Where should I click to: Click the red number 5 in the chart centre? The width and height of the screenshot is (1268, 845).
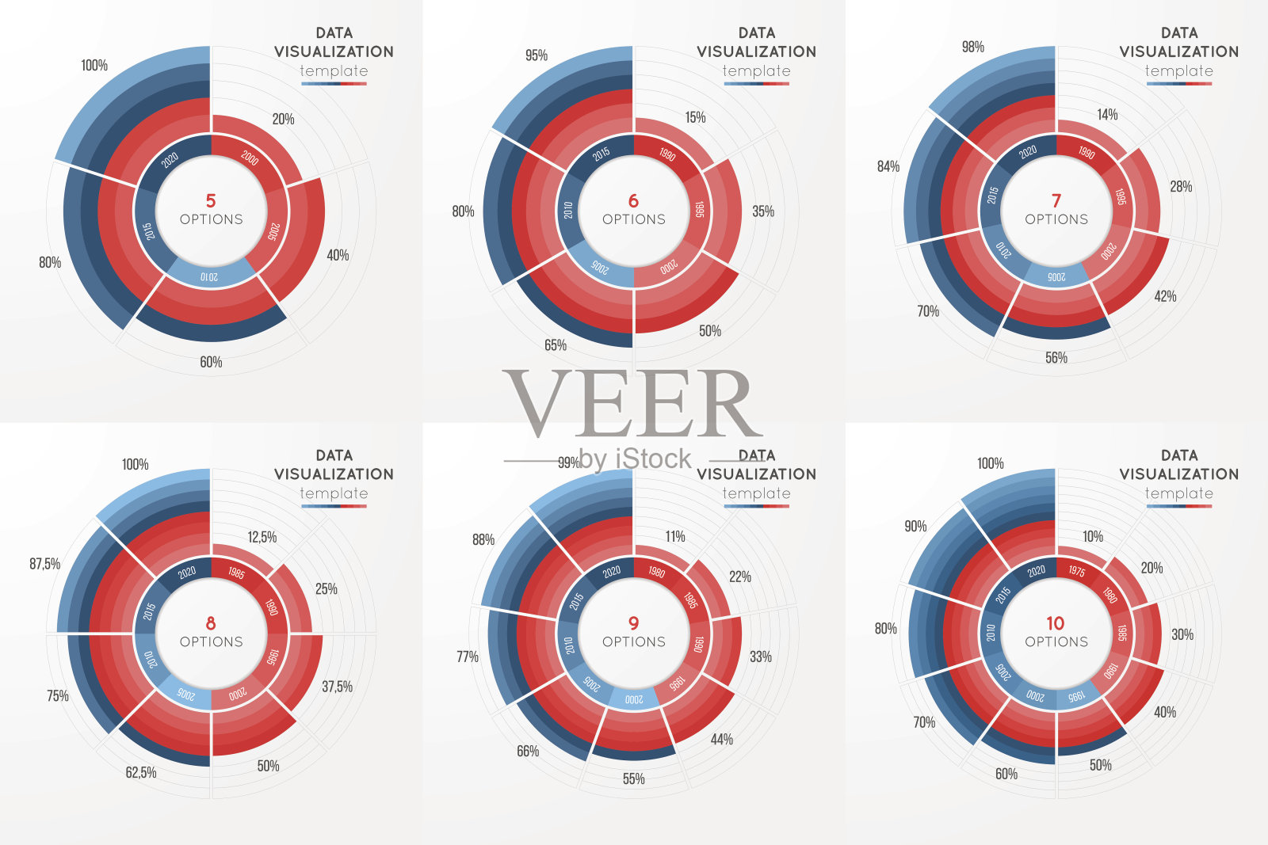pyautogui.click(x=211, y=200)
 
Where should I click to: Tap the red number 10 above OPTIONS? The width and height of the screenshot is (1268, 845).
pyautogui.click(x=1056, y=623)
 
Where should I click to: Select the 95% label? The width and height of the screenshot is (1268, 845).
pyautogui.click(x=537, y=55)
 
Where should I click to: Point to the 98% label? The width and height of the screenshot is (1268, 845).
pyautogui.click(x=973, y=48)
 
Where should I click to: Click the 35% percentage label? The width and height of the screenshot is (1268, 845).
pyautogui.click(x=763, y=211)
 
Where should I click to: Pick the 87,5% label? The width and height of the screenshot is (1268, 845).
pyautogui.click(x=45, y=564)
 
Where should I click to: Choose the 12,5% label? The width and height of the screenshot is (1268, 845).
pyautogui.click(x=262, y=537)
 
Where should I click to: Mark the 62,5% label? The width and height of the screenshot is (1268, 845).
pyautogui.click(x=141, y=772)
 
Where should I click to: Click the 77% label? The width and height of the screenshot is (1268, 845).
pyautogui.click(x=468, y=657)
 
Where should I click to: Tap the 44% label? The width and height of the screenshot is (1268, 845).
pyautogui.click(x=721, y=739)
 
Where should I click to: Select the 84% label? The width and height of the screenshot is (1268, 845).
pyautogui.click(x=888, y=166)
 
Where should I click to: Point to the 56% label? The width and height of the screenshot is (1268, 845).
pyautogui.click(x=1056, y=358)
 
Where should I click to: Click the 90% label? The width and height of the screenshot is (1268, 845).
pyautogui.click(x=915, y=527)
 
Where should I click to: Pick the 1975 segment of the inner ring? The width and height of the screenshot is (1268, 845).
pyautogui.click(x=1076, y=570)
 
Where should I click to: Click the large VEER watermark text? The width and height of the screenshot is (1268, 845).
pyautogui.click(x=632, y=404)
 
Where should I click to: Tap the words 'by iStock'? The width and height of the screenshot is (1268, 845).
pyautogui.click(x=635, y=459)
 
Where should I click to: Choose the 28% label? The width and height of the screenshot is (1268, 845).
pyautogui.click(x=1181, y=187)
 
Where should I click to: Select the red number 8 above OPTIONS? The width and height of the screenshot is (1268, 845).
pyautogui.click(x=211, y=623)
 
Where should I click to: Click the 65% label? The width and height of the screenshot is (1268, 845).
pyautogui.click(x=556, y=345)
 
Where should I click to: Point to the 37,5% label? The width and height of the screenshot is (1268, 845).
pyautogui.click(x=337, y=687)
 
